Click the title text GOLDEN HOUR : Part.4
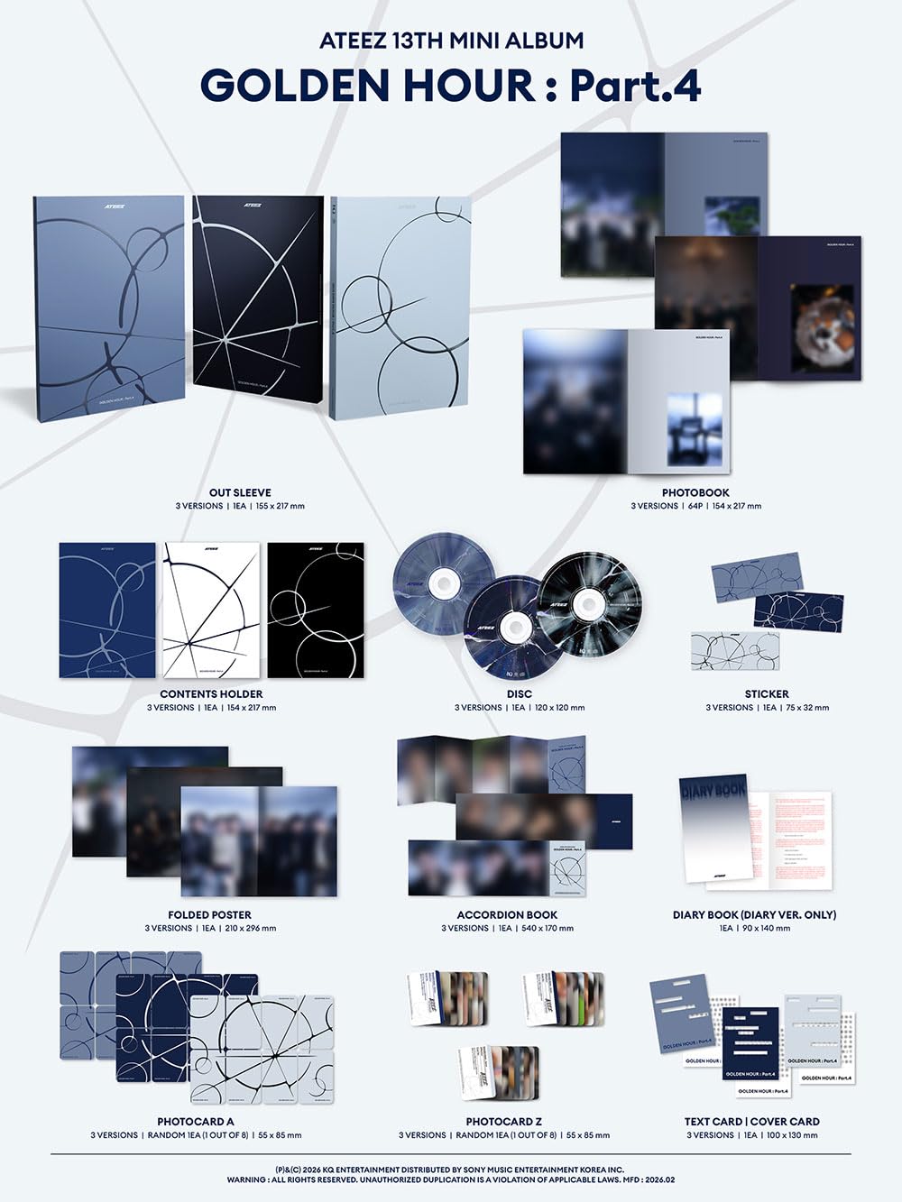450,86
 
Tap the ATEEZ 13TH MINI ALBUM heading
450,41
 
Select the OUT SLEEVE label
240,492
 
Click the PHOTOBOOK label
695,492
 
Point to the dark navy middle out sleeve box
258,307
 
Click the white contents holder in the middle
211,610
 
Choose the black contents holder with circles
316,610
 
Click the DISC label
520,693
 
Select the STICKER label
767,693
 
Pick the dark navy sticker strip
798,611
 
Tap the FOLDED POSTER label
210,914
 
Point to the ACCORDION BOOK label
507,914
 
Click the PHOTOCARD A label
196,1122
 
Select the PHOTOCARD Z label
504,1122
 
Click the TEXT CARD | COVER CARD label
752,1122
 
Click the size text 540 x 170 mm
545,928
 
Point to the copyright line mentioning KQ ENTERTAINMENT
450,1170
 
